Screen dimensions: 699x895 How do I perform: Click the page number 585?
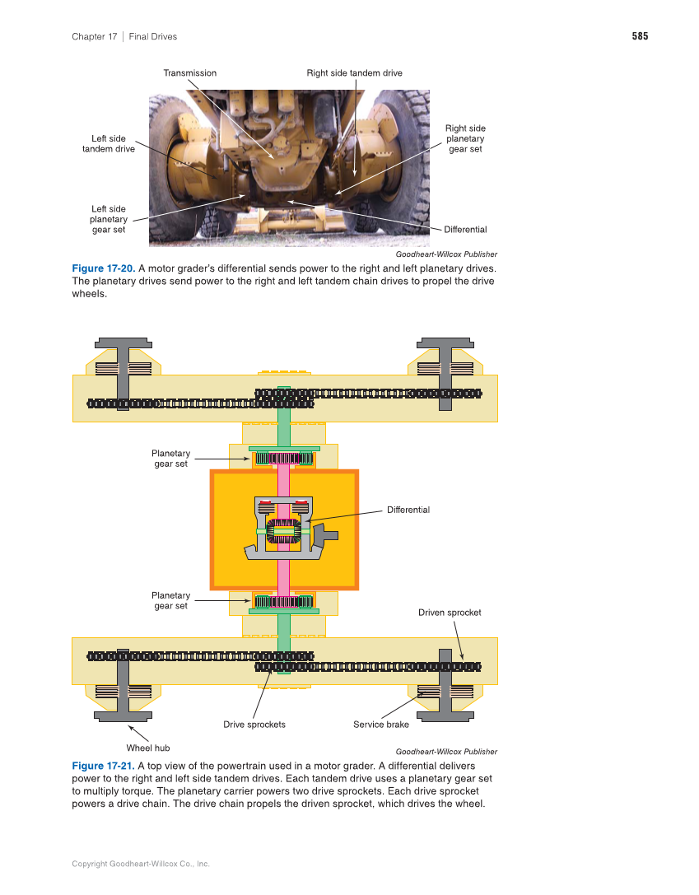[640, 36]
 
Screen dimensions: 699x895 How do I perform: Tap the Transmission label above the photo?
[190, 73]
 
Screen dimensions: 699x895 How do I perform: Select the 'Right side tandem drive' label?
[354, 73]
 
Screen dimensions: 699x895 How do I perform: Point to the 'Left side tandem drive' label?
[109, 144]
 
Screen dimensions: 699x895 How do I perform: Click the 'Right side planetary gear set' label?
[466, 138]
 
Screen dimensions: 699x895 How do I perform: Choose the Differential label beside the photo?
[466, 230]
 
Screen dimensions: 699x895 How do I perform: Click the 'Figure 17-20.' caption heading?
[103, 268]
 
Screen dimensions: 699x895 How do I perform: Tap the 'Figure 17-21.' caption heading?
[103, 766]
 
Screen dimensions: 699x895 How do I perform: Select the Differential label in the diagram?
[408, 510]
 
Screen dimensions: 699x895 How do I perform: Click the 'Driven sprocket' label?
[450, 613]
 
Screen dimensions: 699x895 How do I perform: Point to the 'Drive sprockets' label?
[254, 725]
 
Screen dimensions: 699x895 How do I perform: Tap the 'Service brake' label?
[381, 725]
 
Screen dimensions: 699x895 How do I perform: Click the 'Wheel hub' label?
[148, 748]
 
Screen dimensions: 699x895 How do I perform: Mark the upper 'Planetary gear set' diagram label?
[170, 459]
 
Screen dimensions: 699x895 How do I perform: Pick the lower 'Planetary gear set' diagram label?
[170, 600]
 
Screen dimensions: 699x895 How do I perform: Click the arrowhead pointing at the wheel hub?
[131, 728]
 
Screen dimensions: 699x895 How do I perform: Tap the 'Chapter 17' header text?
[95, 36]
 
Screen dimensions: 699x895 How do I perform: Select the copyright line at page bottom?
[141, 864]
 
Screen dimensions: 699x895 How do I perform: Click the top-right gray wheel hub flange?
[445, 343]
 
